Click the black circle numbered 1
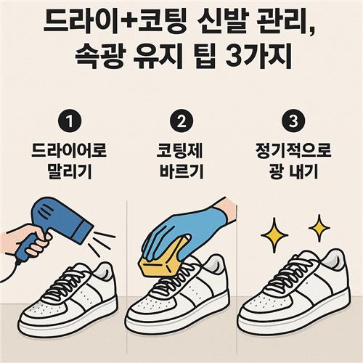pos(70,121)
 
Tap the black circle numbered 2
pos(181,121)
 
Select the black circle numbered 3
pos(293,121)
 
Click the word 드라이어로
pos(69,150)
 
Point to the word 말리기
pos(70,171)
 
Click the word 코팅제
pos(179,150)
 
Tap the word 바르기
pos(181,171)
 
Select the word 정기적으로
pos(293,150)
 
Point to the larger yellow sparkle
pos(274,234)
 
